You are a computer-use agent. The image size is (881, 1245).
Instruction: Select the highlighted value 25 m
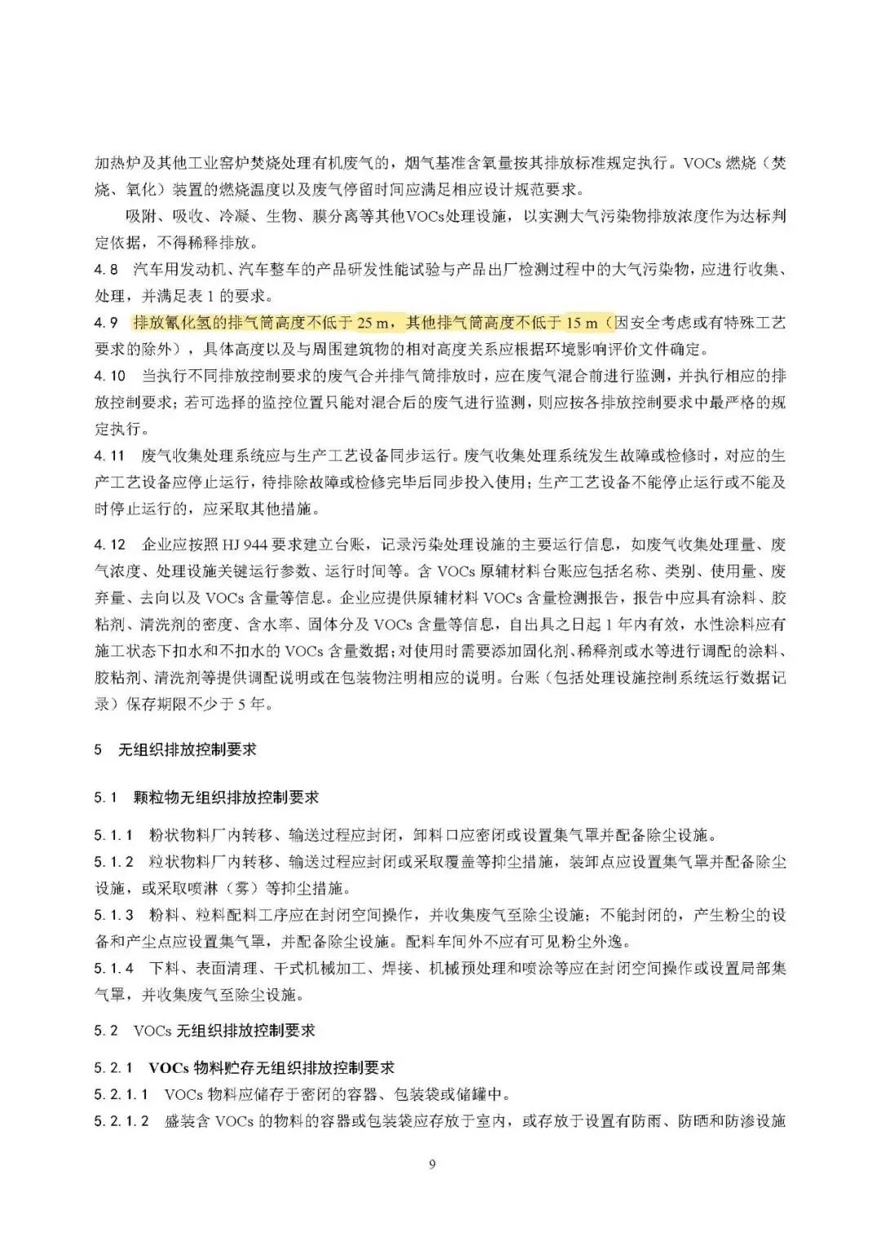point(375,324)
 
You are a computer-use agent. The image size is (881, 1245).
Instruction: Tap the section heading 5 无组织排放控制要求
point(175,748)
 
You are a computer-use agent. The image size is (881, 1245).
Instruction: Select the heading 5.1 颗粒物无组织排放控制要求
point(206,797)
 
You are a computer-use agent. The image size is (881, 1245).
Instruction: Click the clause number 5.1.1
point(113,836)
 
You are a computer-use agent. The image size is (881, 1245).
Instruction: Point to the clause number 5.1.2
point(113,862)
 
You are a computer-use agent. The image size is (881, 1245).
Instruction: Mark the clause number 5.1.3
point(113,915)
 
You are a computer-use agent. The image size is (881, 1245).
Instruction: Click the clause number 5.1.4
point(113,968)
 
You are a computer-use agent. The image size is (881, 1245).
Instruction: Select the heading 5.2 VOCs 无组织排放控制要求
point(204,1031)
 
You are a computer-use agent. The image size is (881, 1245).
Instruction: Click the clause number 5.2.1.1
point(122,1094)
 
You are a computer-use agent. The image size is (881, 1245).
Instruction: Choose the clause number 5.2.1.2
point(122,1122)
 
